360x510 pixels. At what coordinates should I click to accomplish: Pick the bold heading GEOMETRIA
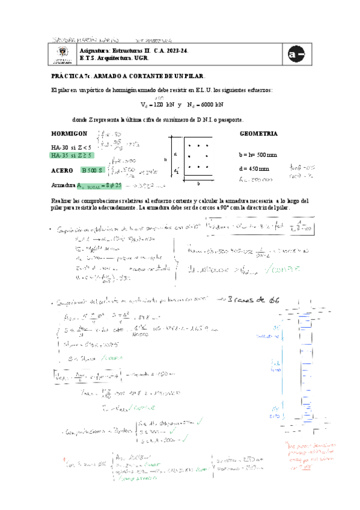coord(258,133)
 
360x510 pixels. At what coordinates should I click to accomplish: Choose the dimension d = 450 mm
coord(254,169)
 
